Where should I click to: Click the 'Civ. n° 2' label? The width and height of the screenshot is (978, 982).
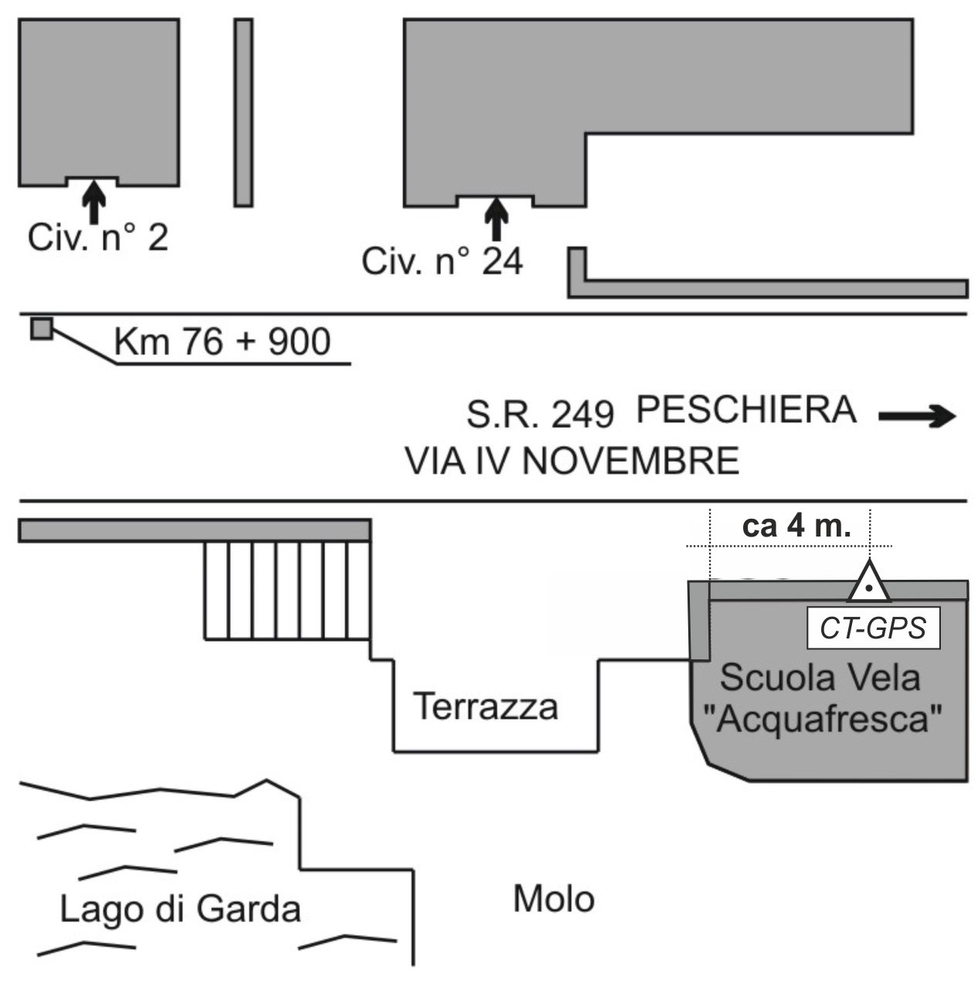pos(97,239)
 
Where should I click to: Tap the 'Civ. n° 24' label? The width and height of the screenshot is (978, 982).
pos(442,262)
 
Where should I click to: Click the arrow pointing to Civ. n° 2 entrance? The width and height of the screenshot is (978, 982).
pos(93,201)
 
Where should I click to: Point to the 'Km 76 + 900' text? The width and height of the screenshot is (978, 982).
pos(222,341)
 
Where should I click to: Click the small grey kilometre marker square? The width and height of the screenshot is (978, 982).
pos(41,329)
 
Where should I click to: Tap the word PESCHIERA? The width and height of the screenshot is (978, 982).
pos(745,410)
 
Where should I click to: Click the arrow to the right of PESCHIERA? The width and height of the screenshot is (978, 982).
pos(918,417)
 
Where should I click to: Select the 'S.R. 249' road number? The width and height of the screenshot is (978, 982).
pos(540,415)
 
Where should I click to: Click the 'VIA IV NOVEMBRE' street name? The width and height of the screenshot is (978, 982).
pos(572,462)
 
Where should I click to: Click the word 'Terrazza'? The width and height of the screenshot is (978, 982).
pos(486,706)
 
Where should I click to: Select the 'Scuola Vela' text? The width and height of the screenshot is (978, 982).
pos(820,678)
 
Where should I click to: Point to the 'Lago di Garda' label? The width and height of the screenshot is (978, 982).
pos(180,909)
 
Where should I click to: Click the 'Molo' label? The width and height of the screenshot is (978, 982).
pos(554,899)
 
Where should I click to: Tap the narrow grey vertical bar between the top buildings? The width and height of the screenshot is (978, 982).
pos(243,113)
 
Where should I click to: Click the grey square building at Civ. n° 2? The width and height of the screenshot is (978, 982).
pos(99,100)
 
